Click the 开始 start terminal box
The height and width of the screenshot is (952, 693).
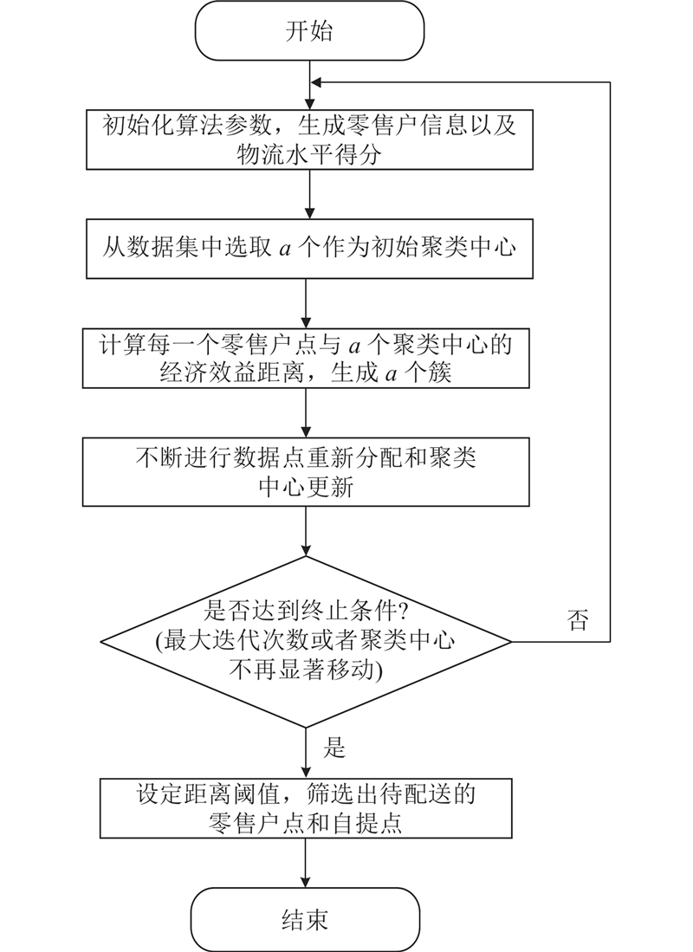click(x=308, y=32)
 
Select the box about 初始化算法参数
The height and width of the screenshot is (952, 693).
click(x=308, y=140)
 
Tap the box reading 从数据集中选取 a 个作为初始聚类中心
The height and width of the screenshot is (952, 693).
click(x=308, y=248)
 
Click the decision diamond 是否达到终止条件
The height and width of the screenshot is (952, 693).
click(x=307, y=642)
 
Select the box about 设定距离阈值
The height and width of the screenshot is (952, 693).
click(x=306, y=807)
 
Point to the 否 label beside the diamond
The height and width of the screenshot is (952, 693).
click(x=578, y=620)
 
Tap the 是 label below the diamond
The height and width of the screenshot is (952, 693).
click(x=335, y=747)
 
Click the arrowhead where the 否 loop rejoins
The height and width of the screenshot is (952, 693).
click(x=317, y=82)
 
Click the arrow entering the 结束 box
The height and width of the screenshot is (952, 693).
click(x=307, y=871)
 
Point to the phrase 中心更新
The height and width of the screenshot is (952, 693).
click(x=306, y=487)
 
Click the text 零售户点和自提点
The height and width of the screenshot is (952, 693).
click(x=306, y=823)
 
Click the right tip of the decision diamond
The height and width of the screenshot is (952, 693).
click(x=511, y=642)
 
